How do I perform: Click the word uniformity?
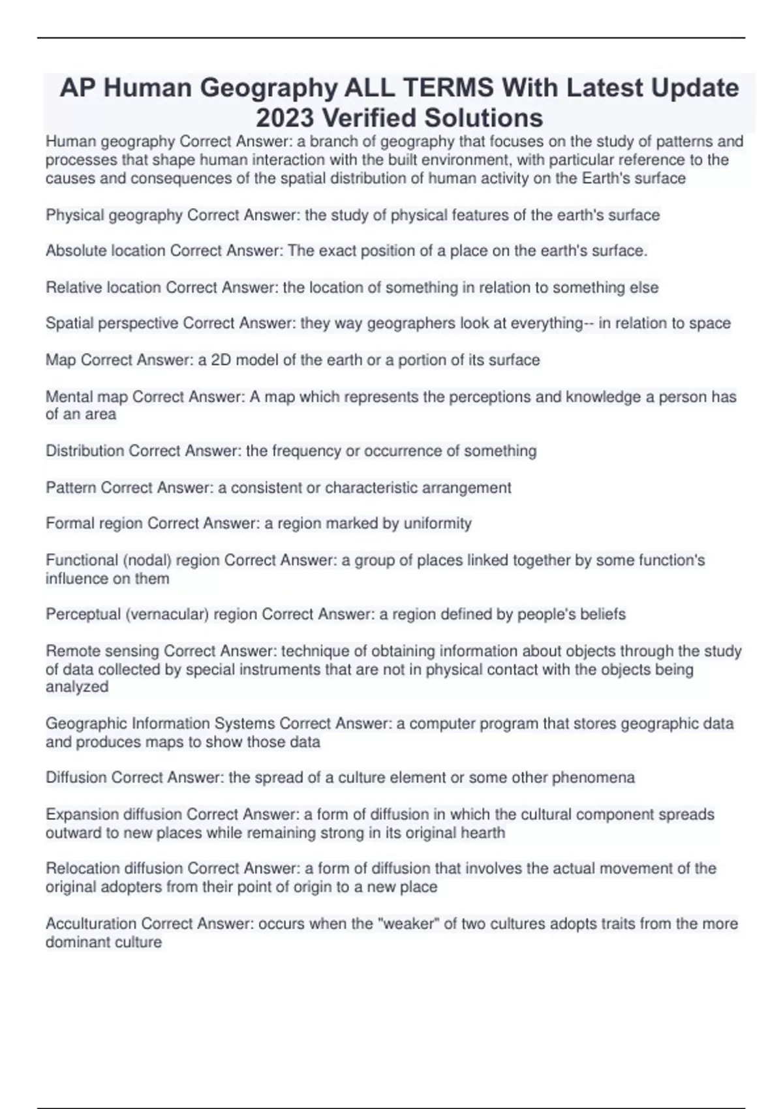pos(438,523)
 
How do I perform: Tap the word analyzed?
pos(77,687)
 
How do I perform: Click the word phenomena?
pos(593,778)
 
